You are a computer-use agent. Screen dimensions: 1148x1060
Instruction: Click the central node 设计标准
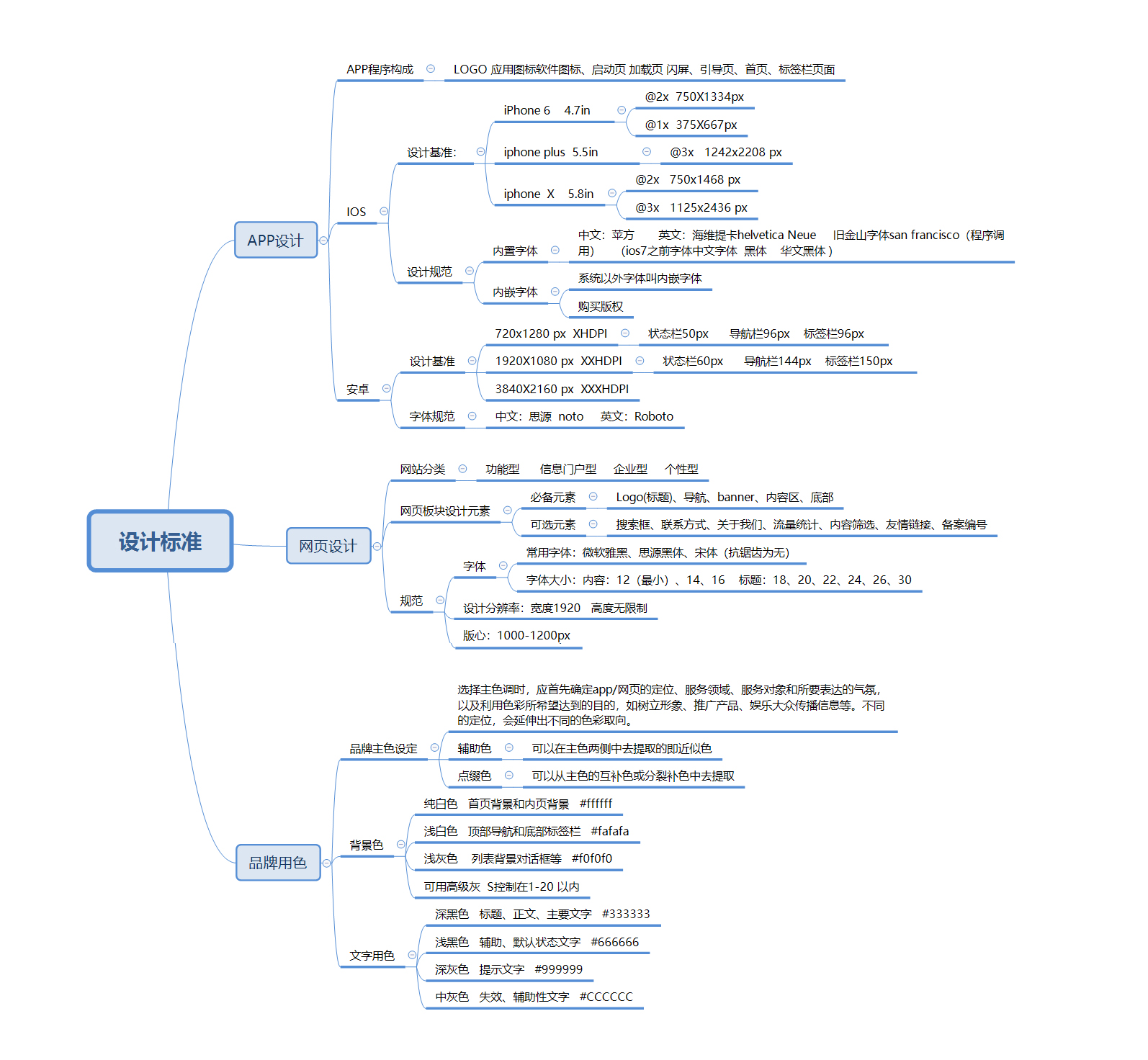pyautogui.click(x=160, y=542)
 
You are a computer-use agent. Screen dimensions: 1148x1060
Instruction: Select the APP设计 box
pyautogui.click(x=276, y=240)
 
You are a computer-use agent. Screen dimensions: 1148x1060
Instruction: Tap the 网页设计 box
pyautogui.click(x=328, y=546)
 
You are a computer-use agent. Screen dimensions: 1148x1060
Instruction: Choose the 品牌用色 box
pyautogui.click(x=278, y=862)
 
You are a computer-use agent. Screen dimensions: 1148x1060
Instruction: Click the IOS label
pyautogui.click(x=356, y=212)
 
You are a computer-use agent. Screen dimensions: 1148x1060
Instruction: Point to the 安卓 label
pyautogui.click(x=357, y=389)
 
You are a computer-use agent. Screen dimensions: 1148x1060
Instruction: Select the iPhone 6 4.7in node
pyautogui.click(x=547, y=110)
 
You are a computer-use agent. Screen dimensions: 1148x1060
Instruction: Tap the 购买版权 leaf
pyautogui.click(x=601, y=306)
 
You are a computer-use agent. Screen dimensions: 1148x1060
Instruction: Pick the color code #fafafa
pyautogui.click(x=609, y=831)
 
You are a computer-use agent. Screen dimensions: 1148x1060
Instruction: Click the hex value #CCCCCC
pyautogui.click(x=606, y=997)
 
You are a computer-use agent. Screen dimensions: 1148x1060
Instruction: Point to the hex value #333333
pyautogui.click(x=626, y=914)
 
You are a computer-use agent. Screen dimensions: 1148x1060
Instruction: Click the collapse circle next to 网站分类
pyautogui.click(x=462, y=469)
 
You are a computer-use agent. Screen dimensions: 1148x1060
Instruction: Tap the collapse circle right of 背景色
pyautogui.click(x=400, y=845)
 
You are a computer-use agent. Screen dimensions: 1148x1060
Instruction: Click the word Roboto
pyautogui.click(x=654, y=416)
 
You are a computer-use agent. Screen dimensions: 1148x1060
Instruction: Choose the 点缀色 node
pyautogui.click(x=475, y=776)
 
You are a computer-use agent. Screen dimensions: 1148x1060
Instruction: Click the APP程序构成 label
pyautogui.click(x=380, y=69)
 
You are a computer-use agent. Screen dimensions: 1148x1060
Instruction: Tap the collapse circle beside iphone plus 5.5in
pyautogui.click(x=647, y=151)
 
